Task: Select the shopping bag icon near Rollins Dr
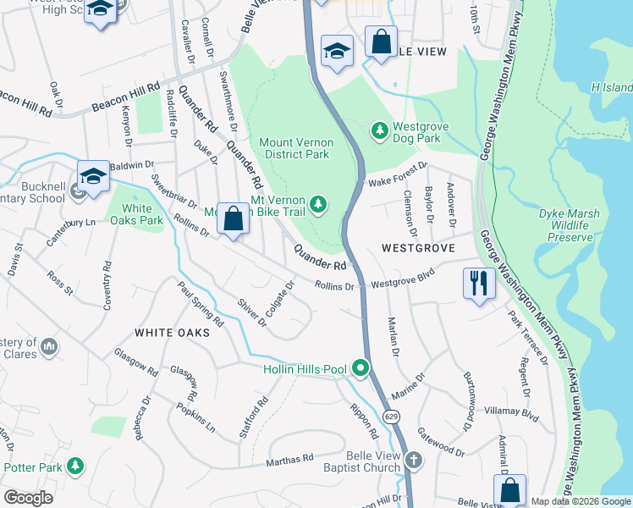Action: (234, 218)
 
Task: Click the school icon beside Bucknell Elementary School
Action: (94, 175)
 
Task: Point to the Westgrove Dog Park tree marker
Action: (380, 130)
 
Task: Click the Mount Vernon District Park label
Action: (295, 148)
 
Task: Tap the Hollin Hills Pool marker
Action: (361, 367)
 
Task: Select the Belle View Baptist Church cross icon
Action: (413, 461)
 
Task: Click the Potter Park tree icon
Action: (76, 466)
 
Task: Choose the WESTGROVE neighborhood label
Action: (418, 248)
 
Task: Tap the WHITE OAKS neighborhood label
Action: (172, 333)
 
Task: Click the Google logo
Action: (29, 498)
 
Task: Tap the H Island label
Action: (611, 87)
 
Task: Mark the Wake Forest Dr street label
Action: (396, 175)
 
